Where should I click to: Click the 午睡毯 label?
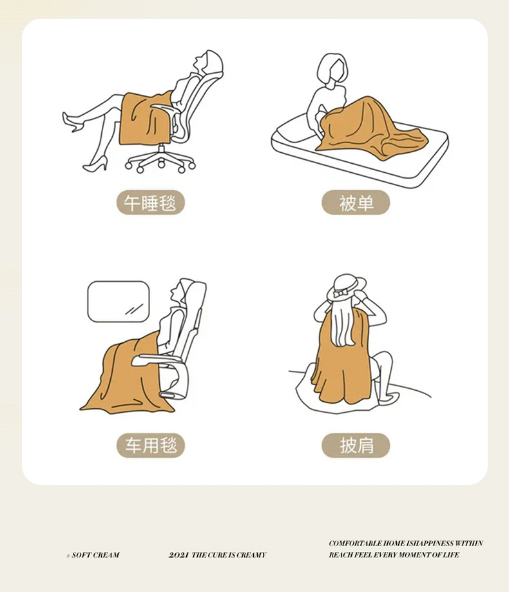[x=150, y=202]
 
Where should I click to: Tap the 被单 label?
[x=356, y=202]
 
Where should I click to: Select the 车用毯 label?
[x=150, y=445]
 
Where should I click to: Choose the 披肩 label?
[x=356, y=445]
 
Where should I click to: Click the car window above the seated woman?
[x=119, y=301]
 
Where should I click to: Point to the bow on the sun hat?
[x=341, y=293]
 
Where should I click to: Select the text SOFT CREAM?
[x=95, y=555]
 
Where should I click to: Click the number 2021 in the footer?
[x=178, y=555]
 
